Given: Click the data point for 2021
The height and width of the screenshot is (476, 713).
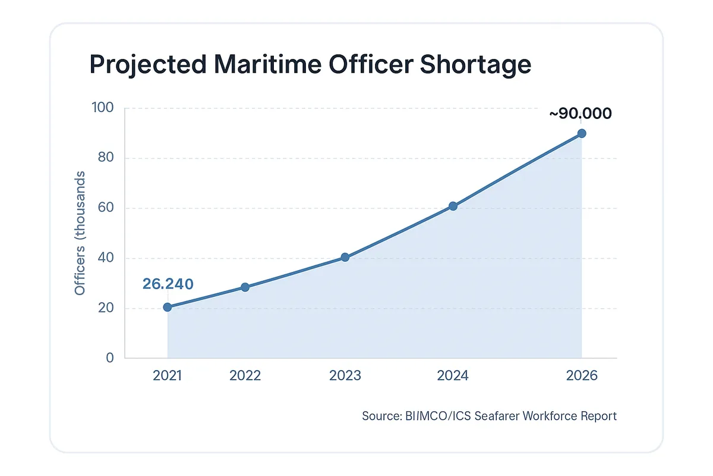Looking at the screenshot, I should coord(168,307).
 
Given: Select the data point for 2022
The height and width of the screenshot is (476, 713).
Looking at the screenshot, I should coord(245,287).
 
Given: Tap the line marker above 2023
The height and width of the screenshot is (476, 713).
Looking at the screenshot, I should coord(345,258).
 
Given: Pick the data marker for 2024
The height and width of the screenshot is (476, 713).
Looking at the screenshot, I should coord(453,206).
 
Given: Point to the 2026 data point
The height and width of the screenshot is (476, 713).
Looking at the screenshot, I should coord(582,133).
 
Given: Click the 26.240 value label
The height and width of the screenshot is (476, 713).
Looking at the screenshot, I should coord(168,284).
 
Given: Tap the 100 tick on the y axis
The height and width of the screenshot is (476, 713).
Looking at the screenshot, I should coord(102,108).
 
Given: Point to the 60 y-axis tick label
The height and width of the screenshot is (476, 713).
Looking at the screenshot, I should coord(106,208).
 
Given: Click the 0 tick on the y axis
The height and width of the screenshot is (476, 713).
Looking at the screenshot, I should coord(110,358).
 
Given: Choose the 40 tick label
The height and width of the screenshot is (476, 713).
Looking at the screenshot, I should coord(106,258).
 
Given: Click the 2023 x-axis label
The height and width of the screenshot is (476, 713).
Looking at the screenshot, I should coord(345,376).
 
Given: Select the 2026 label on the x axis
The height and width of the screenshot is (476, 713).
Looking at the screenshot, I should coord(582,376).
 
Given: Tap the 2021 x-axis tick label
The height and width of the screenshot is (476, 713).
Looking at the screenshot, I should coord(168,376).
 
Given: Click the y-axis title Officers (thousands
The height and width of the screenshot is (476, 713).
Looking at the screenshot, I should coord(80,233).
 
